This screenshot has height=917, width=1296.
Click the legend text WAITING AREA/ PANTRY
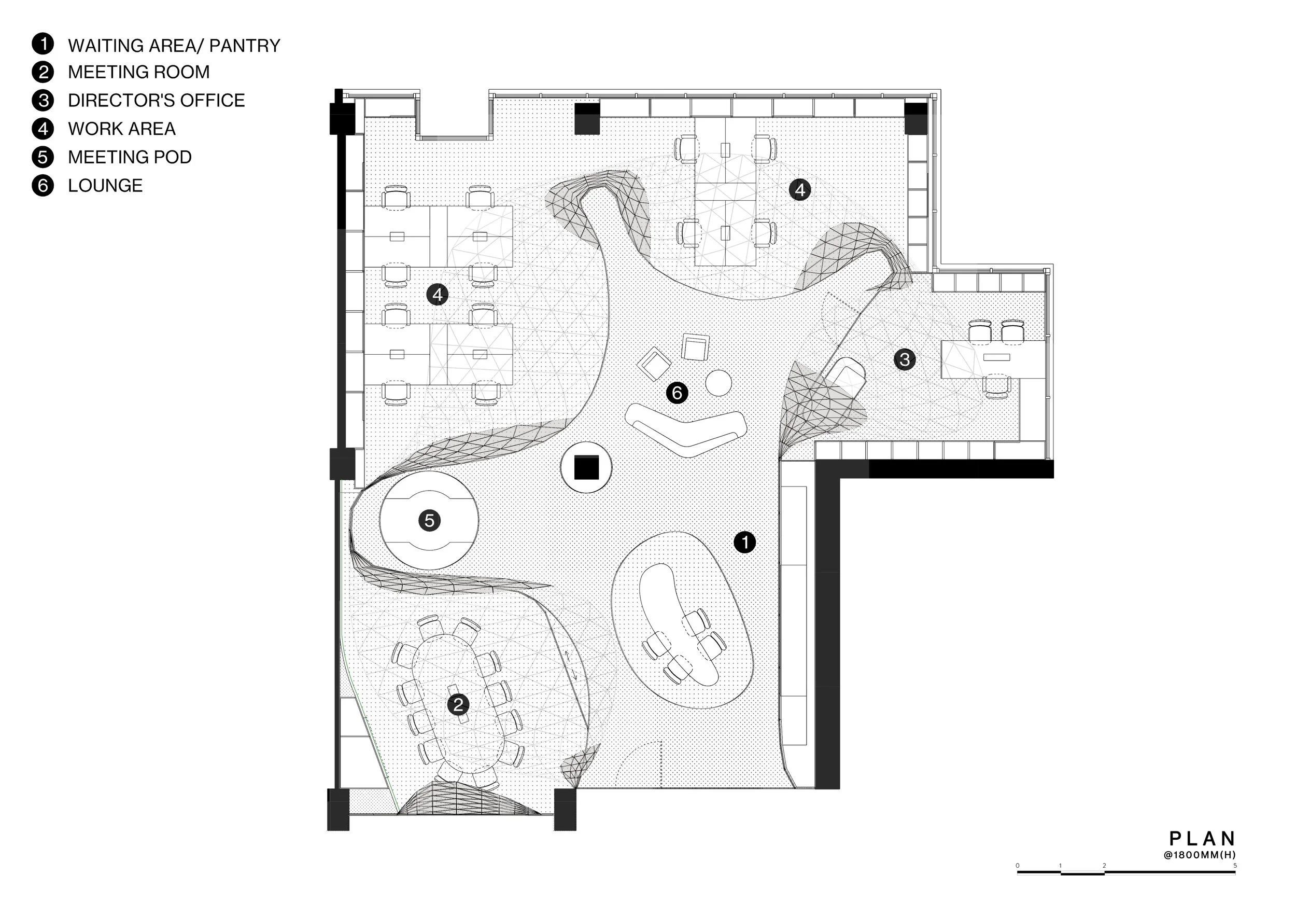pyautogui.click(x=174, y=45)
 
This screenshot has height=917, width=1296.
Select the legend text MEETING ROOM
pyautogui.click(x=138, y=72)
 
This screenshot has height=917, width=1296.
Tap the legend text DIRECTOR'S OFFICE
pyautogui.click(x=157, y=101)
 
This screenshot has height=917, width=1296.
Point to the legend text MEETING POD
pyautogui.click(x=129, y=157)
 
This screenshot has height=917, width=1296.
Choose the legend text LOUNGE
pyautogui.click(x=105, y=185)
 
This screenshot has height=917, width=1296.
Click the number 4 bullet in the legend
pyautogui.click(x=43, y=129)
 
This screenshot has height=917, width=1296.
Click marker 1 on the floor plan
pyautogui.click(x=744, y=542)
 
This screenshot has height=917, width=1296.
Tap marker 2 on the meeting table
pyautogui.click(x=458, y=704)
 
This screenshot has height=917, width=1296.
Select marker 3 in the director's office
pyautogui.click(x=904, y=359)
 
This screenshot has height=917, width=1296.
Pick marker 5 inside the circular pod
pyautogui.click(x=429, y=520)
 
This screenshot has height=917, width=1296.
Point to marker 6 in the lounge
pyautogui.click(x=677, y=393)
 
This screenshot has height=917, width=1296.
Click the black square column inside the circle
pyautogui.click(x=586, y=467)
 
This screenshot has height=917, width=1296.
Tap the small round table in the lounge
pyautogui.click(x=719, y=383)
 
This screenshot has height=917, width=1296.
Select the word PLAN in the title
pyautogui.click(x=1203, y=839)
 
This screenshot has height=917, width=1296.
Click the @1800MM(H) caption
pyautogui.click(x=1200, y=855)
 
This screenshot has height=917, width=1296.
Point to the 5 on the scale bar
pyautogui.click(x=1234, y=866)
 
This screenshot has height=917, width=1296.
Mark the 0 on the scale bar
pyautogui.click(x=1018, y=866)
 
